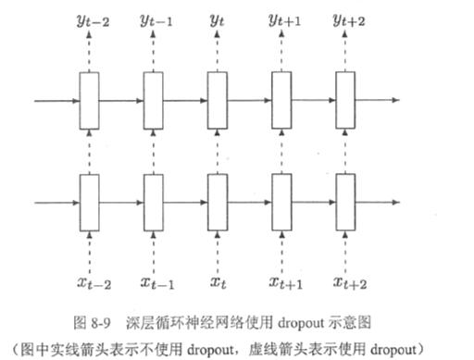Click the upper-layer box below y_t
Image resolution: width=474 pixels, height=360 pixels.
[x=218, y=98]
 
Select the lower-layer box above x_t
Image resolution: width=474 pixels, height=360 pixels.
[x=218, y=201]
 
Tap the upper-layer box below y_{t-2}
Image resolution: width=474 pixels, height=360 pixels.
[x=89, y=98]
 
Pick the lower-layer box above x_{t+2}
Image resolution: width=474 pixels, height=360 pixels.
[x=345, y=201]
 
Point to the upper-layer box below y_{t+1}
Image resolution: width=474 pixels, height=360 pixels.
[x=281, y=98]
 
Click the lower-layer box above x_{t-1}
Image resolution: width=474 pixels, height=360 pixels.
[x=153, y=201]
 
